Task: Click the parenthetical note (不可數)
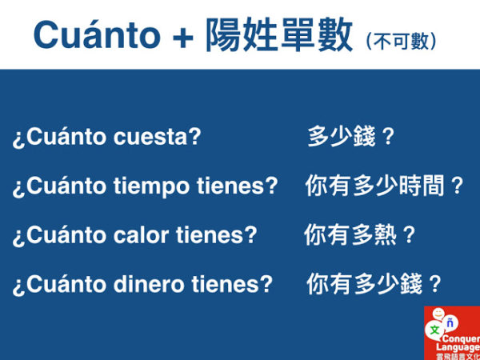401,40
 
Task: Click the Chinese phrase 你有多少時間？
385,186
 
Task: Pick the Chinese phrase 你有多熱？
361,235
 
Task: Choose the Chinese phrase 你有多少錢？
374,284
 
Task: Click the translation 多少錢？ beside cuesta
352,137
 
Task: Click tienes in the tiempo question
237,186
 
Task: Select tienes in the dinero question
232,284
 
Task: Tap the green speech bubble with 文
434,329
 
